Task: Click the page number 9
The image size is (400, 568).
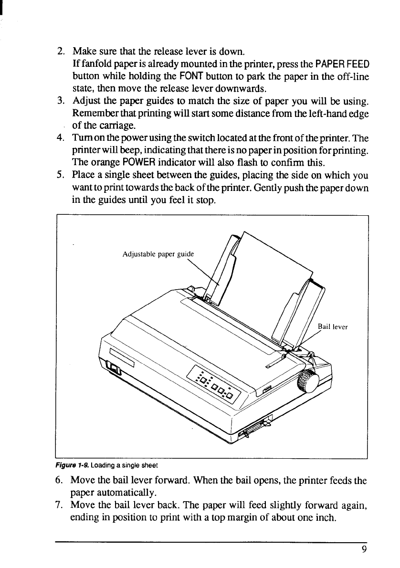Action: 364,549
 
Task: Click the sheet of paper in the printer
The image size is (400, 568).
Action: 267,286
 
